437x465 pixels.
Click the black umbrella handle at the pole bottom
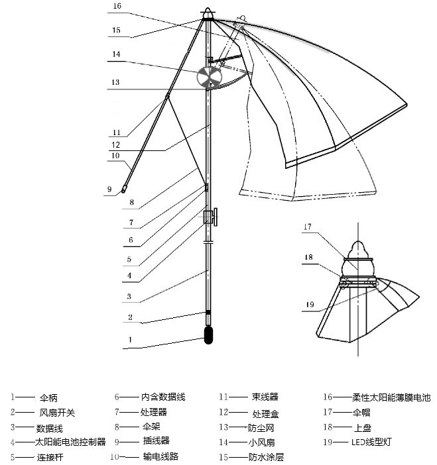208,335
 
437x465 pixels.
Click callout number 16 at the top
117,6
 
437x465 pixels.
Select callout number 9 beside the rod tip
109,189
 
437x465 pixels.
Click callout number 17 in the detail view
307,227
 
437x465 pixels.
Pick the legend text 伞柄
49,398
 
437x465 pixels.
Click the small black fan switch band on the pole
208,312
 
